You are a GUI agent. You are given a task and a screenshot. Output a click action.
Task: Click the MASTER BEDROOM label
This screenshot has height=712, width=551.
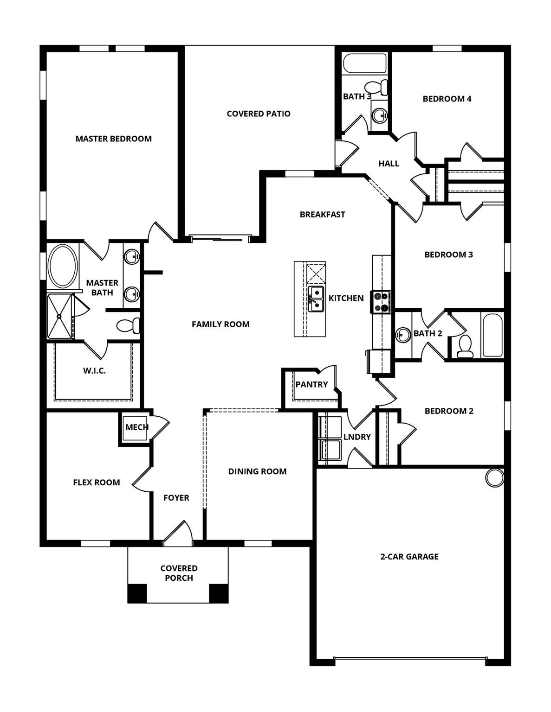(x=113, y=139)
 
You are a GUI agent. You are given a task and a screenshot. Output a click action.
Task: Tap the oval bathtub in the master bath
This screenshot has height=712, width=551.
(x=63, y=267)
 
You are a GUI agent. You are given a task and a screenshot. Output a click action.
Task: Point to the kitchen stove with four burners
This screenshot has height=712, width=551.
(x=381, y=301)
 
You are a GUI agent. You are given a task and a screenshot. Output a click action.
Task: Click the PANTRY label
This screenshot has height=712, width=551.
(x=311, y=384)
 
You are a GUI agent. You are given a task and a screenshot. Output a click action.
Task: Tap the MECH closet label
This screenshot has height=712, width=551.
(x=136, y=427)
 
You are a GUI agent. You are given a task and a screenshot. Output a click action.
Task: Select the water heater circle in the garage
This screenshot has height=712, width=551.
(x=495, y=477)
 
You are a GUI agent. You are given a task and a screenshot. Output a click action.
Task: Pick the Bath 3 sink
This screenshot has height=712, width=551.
(x=380, y=114)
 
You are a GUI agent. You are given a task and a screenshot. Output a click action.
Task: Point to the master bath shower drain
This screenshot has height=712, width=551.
(x=60, y=316)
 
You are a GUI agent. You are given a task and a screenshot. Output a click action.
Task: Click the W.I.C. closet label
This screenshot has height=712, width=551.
(x=94, y=371)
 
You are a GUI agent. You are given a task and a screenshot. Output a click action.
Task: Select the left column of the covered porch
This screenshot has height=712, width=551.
(x=137, y=594)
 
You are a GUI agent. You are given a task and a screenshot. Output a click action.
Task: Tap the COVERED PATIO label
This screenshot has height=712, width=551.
(x=259, y=114)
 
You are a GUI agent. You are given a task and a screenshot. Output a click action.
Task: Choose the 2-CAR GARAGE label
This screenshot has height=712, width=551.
(x=409, y=557)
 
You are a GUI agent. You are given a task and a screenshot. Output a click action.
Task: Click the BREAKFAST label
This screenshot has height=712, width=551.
(x=322, y=214)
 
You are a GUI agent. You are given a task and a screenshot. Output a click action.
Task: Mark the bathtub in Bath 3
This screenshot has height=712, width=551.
(x=364, y=64)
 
